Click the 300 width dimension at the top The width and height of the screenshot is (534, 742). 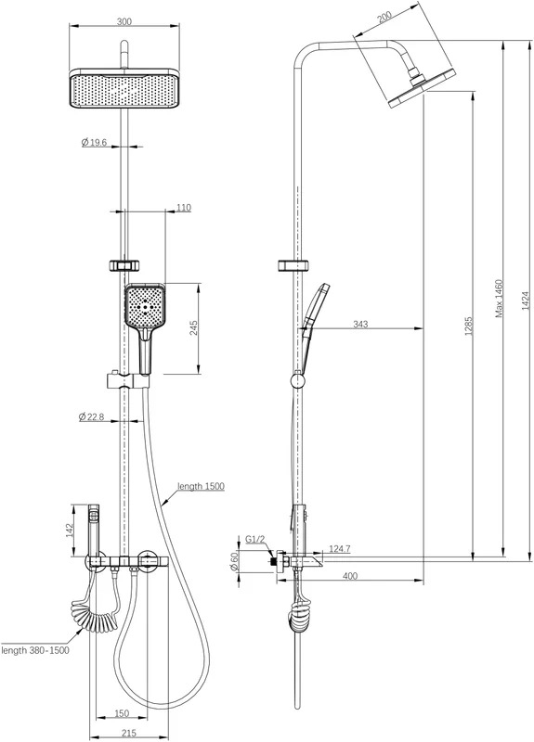(x=124, y=21)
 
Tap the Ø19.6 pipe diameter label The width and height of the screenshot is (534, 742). (x=94, y=142)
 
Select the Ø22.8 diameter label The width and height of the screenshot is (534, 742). (x=91, y=416)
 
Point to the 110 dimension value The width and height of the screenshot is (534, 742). (x=183, y=207)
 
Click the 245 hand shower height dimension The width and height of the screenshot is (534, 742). (x=194, y=327)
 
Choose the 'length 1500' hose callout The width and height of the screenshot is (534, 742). (x=201, y=486)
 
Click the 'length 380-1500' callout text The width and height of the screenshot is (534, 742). (x=35, y=650)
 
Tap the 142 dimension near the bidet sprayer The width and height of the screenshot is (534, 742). (x=70, y=530)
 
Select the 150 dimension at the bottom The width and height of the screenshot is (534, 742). (x=122, y=712)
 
